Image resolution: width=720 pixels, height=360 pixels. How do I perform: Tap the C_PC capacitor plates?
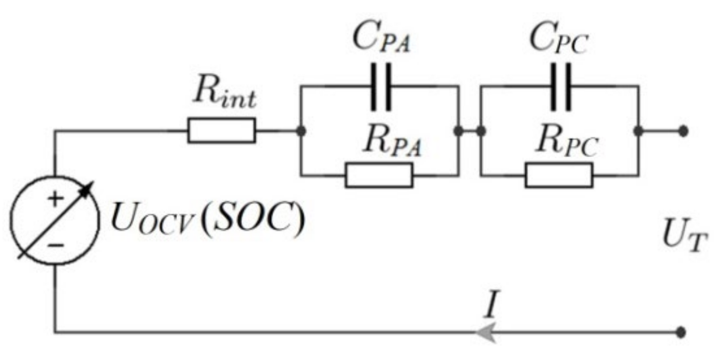(561, 87)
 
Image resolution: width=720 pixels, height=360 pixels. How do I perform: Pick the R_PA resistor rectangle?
(380, 175)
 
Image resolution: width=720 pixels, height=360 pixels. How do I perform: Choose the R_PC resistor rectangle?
(560, 175)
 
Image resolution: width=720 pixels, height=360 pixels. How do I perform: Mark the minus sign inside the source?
(56, 245)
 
